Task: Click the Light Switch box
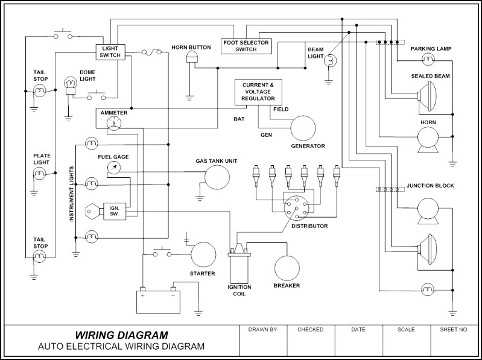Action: click(x=110, y=51)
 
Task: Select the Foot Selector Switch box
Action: click(x=246, y=46)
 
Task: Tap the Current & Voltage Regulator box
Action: click(x=258, y=92)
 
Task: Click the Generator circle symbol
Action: click(x=303, y=128)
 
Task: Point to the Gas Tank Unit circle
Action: click(x=217, y=177)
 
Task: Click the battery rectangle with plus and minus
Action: click(x=158, y=301)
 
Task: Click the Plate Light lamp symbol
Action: click(x=40, y=174)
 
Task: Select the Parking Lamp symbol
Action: click(x=428, y=58)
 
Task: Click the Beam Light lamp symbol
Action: click(x=331, y=61)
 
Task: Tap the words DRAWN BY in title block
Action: click(x=262, y=330)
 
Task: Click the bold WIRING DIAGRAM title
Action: click(x=121, y=335)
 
